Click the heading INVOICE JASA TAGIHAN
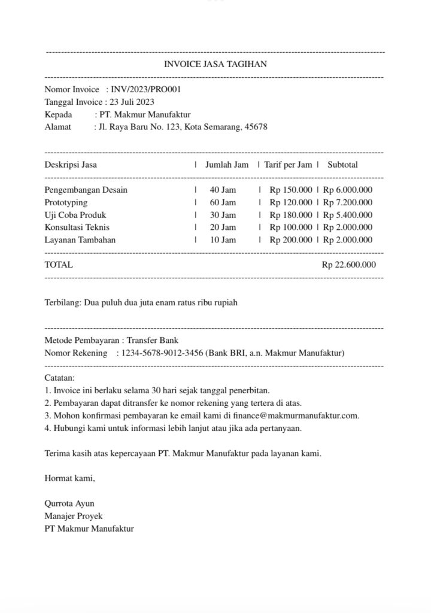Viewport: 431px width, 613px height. (215, 65)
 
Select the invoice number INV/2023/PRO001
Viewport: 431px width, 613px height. (146, 89)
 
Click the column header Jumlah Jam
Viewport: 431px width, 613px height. (227, 165)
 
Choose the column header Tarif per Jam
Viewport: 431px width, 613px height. (288, 165)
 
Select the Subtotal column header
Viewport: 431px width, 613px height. (342, 165)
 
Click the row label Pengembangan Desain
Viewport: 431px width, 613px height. (86, 190)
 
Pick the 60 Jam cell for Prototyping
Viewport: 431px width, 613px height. (223, 202)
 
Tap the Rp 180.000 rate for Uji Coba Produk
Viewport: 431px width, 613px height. (291, 215)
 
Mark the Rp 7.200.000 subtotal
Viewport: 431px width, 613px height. (348, 202)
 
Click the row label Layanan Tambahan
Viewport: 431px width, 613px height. (80, 240)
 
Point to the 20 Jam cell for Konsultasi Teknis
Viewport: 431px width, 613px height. (223, 227)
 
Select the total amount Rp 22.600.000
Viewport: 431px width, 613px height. (349, 265)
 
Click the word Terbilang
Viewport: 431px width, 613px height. (62, 303)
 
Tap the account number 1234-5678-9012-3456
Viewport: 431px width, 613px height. (162, 353)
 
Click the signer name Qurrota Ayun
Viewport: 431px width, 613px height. (69, 503)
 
